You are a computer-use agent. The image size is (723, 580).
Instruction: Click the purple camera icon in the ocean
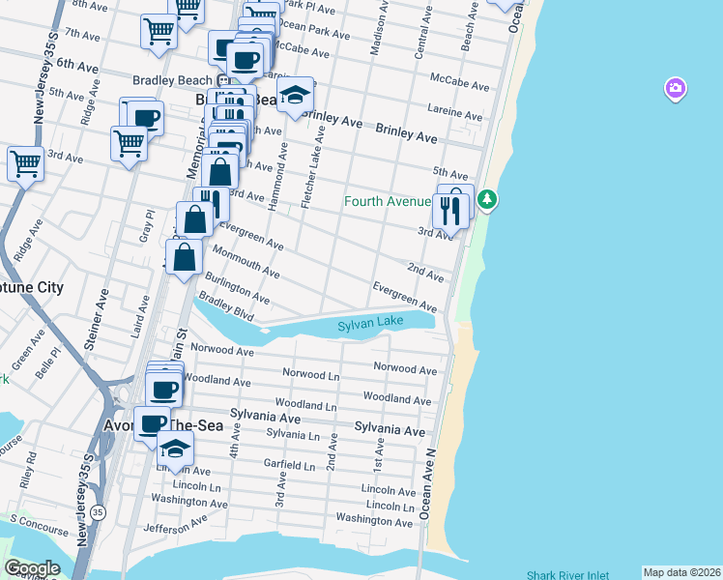[x=675, y=90]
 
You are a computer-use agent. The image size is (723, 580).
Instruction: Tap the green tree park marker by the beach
[x=489, y=200]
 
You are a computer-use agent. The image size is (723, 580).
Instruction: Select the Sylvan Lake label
[x=370, y=327]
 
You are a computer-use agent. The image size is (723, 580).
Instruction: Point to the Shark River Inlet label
[x=568, y=574]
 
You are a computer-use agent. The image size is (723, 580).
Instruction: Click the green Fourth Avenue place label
[x=388, y=201]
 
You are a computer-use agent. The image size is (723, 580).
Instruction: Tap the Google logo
[x=32, y=568]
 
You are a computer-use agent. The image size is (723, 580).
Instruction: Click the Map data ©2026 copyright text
[x=681, y=572]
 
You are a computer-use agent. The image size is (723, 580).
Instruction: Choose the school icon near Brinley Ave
[x=295, y=95]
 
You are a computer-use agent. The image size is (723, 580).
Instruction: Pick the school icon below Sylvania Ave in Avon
[x=175, y=449]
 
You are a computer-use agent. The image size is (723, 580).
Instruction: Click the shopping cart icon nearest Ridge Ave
[x=25, y=162]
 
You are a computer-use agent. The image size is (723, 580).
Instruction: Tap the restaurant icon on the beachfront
[x=449, y=210]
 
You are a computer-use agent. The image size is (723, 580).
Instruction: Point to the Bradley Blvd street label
[x=226, y=308]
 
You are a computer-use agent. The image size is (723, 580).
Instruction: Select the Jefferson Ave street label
[x=175, y=524]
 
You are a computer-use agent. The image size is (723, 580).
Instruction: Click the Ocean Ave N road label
[x=426, y=479]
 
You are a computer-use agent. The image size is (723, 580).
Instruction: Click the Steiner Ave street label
[x=101, y=306]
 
